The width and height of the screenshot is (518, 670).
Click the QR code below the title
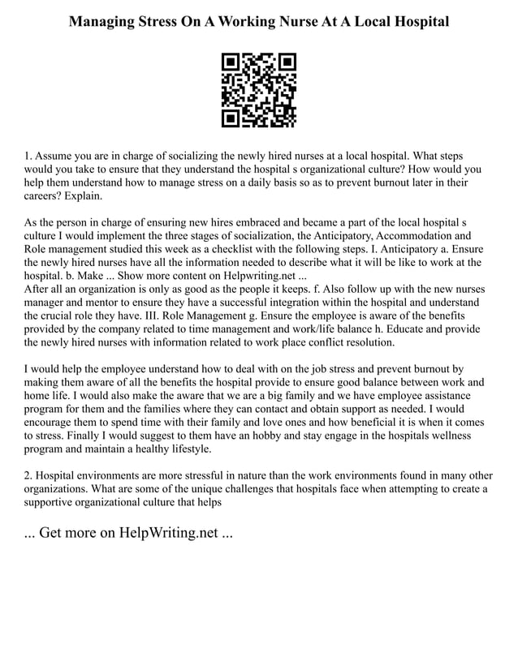(x=259, y=90)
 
